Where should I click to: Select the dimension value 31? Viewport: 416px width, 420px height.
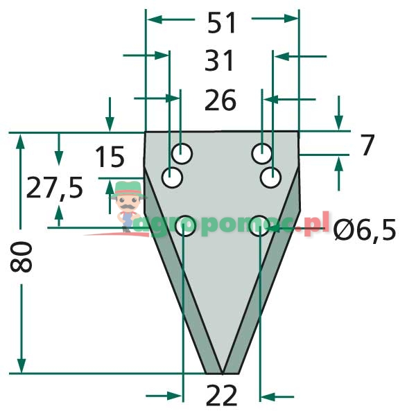pyautogui.click(x=221, y=62)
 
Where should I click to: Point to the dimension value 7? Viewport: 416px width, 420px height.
pyautogui.click(x=367, y=146)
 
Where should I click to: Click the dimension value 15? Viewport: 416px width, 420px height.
pyautogui.click(x=109, y=157)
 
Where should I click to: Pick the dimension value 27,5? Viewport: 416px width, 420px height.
pyautogui.click(x=54, y=188)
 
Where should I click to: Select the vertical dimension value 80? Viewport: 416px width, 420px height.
pyautogui.click(x=22, y=257)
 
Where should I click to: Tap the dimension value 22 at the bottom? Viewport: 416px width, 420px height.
pyautogui.click(x=222, y=396)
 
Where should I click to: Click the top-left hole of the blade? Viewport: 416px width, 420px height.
pyautogui.click(x=183, y=151)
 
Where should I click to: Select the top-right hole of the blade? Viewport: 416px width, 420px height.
pyautogui.click(x=261, y=151)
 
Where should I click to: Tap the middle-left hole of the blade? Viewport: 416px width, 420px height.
pyautogui.click(x=172, y=177)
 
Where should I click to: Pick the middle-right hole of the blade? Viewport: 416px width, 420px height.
pyautogui.click(x=271, y=177)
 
